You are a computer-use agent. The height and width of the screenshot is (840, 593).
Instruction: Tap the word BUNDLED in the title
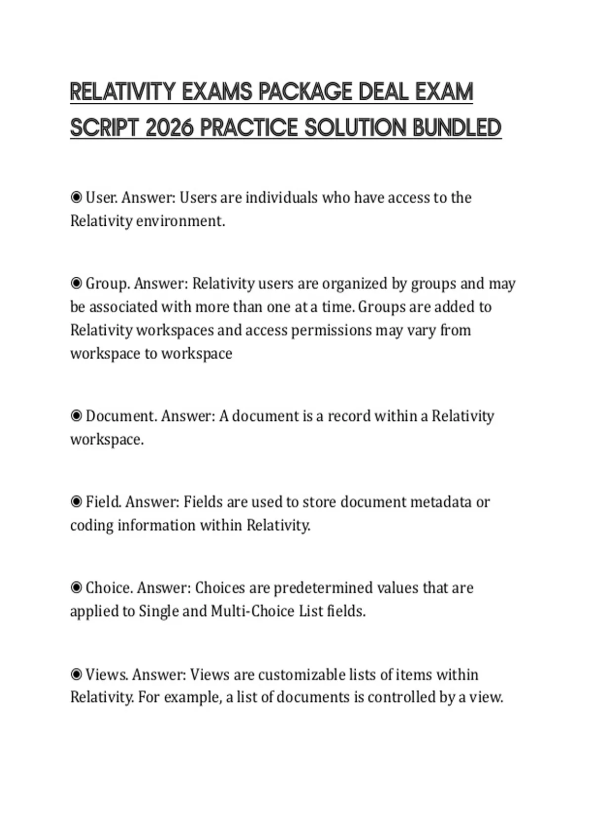coord(457,128)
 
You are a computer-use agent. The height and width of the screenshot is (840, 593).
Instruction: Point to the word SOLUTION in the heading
coord(355,128)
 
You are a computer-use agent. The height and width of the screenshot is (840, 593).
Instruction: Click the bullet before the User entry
coord(76,198)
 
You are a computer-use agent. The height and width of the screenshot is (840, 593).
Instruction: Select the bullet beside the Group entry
coord(76,284)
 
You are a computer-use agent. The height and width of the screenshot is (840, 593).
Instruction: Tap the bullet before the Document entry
coord(76,416)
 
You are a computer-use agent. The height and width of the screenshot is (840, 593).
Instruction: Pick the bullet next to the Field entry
coord(76,502)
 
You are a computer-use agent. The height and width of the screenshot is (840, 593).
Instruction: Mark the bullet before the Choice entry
coord(76,588)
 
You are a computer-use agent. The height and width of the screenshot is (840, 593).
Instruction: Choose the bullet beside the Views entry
coord(76,674)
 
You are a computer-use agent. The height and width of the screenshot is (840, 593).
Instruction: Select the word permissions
coord(331,330)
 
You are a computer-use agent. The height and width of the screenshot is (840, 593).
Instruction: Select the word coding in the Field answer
coord(91,525)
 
